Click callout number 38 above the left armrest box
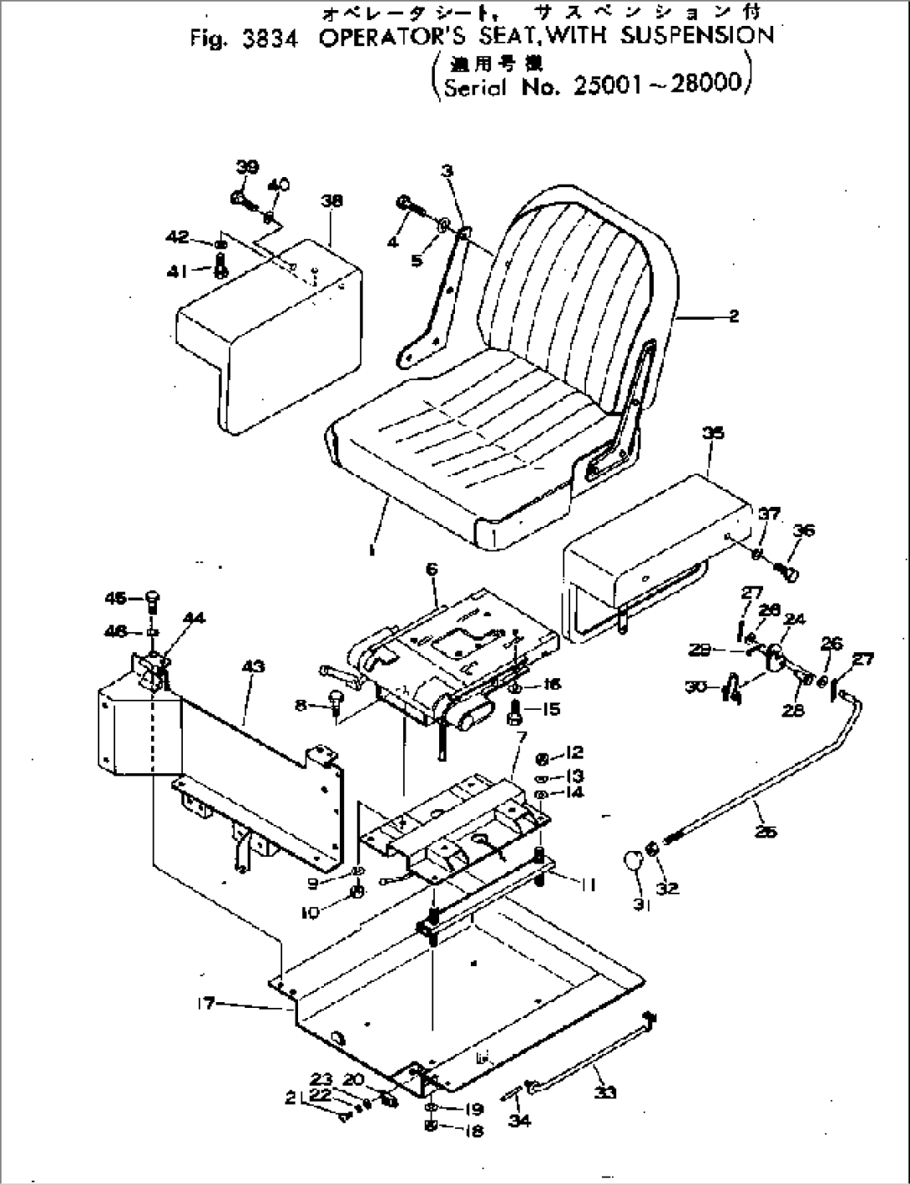point(331,201)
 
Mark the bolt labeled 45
point(153,600)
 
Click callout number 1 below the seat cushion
point(372,550)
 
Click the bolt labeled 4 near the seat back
point(402,203)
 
